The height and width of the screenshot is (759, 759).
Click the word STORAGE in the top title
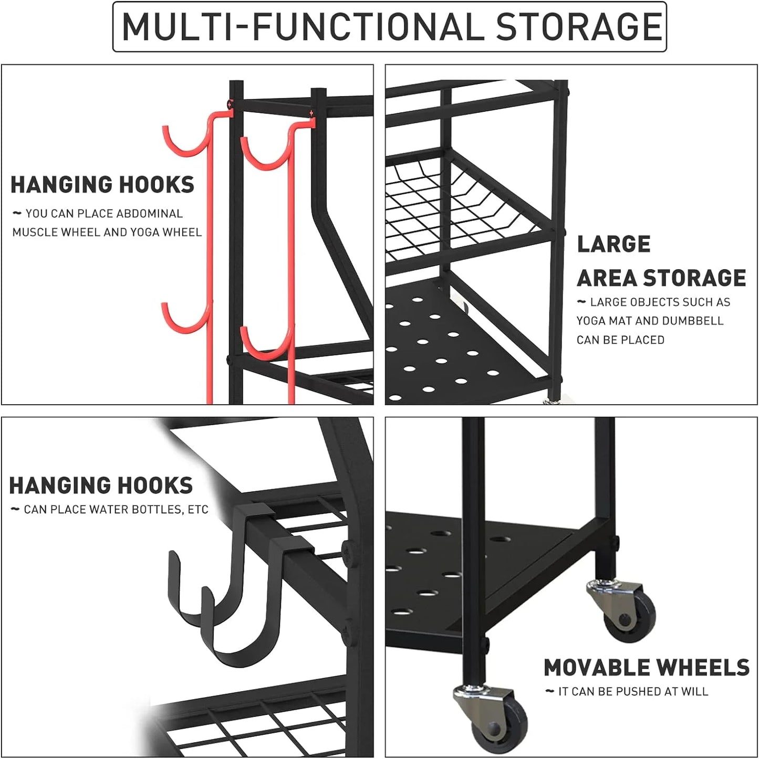(x=578, y=27)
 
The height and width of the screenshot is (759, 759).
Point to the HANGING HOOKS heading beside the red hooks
(x=102, y=185)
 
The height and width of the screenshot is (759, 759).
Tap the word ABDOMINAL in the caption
(x=149, y=214)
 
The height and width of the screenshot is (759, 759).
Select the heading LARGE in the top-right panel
(x=614, y=244)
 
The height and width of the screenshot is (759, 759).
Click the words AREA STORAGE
(x=661, y=278)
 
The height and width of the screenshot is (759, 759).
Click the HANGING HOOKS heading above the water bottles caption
(x=101, y=486)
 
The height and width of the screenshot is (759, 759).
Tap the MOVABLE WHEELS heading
(x=646, y=668)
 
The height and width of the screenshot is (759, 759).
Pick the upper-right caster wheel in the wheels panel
(x=628, y=612)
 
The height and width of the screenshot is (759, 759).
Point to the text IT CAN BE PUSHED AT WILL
(x=633, y=692)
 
